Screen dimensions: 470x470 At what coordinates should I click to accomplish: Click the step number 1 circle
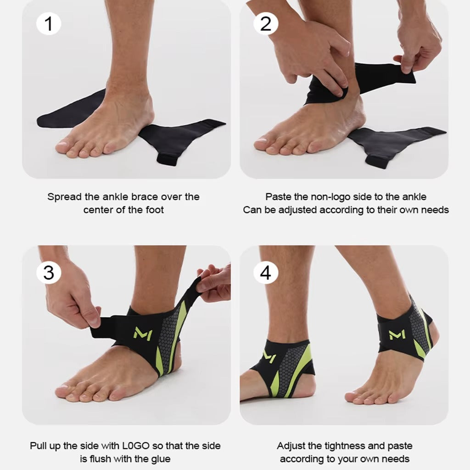(x=49, y=24)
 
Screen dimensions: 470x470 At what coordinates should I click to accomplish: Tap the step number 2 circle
(x=266, y=24)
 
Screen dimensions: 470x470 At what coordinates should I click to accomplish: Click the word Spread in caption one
(x=64, y=197)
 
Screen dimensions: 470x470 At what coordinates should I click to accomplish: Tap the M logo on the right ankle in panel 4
(x=396, y=335)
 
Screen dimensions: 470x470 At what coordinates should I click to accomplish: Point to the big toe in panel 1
(x=67, y=146)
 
